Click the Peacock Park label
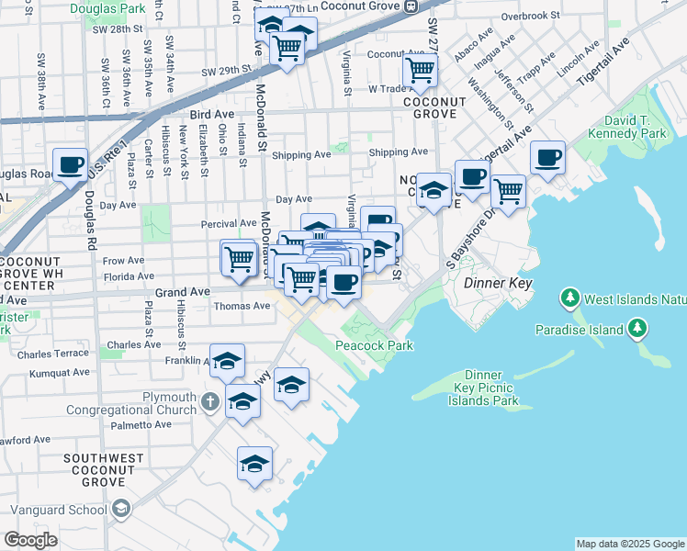click(x=374, y=345)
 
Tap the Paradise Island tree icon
click(x=636, y=329)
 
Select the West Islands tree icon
click(x=570, y=298)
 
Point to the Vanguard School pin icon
click(x=120, y=510)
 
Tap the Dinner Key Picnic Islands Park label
click(x=483, y=388)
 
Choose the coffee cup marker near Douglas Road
click(x=70, y=165)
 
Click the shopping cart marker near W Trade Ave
click(x=420, y=70)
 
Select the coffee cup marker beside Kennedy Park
click(x=547, y=157)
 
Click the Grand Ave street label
click(x=177, y=292)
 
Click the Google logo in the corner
click(x=30, y=540)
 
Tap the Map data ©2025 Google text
click(x=629, y=544)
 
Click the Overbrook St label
click(x=531, y=16)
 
